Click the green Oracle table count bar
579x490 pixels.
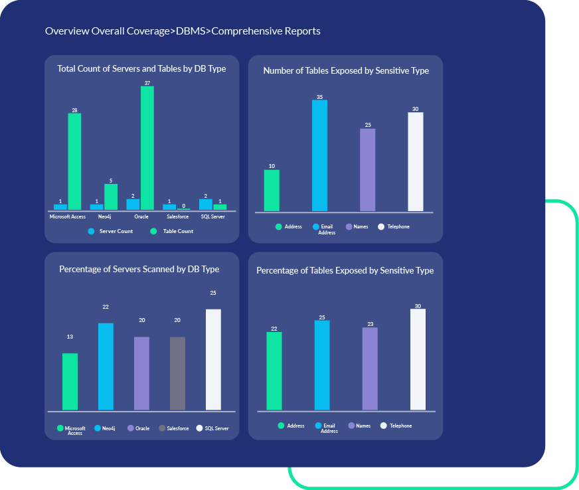(x=147, y=148)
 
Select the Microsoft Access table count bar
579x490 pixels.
(x=74, y=161)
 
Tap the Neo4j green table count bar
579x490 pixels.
(x=111, y=197)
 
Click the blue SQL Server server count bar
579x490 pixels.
(x=206, y=204)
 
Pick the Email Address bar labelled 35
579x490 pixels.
(x=319, y=155)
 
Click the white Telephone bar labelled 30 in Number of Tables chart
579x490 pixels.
(x=415, y=161)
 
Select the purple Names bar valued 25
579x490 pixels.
(x=367, y=170)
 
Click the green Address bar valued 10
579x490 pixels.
(x=272, y=191)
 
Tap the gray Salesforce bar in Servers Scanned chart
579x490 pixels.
(x=177, y=373)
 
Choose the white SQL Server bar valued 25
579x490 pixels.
(x=213, y=359)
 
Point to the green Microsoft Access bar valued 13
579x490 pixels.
(x=70, y=381)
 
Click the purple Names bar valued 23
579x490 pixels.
(x=370, y=368)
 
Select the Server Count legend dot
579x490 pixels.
(x=90, y=231)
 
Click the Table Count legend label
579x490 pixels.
(x=178, y=231)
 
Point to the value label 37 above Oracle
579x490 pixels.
(x=147, y=83)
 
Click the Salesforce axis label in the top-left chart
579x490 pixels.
(x=177, y=216)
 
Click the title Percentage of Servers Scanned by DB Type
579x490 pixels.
(x=139, y=269)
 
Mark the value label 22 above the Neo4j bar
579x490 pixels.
(x=106, y=307)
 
